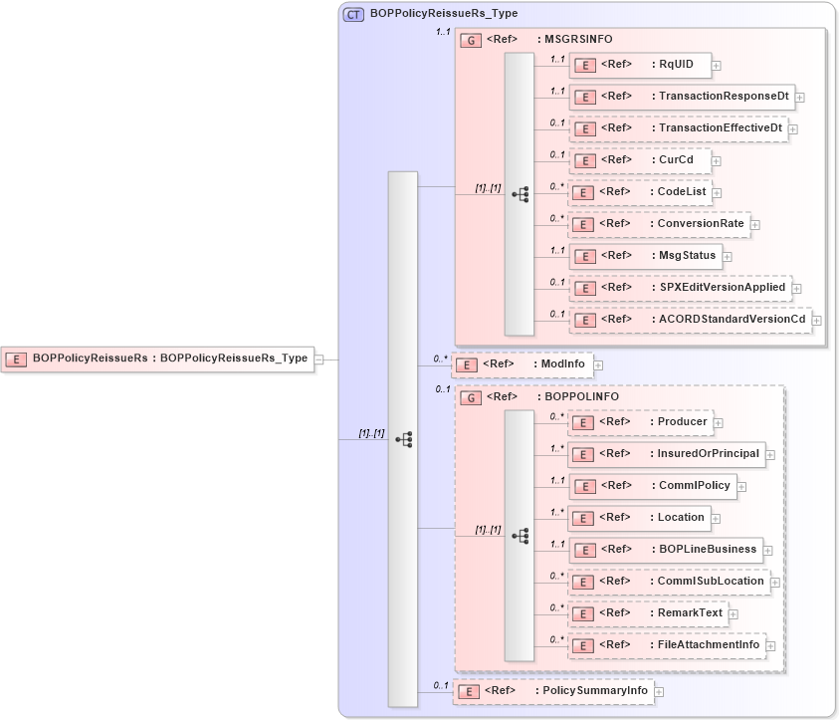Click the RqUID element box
pyautogui.click(x=639, y=66)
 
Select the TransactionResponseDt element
pyautogui.click(x=681, y=97)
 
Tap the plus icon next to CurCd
pyautogui.click(x=717, y=160)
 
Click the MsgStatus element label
pyautogui.click(x=687, y=256)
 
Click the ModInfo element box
pyautogui.click(x=522, y=364)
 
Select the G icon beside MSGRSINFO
pyautogui.click(x=470, y=40)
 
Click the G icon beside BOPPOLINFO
pyautogui.click(x=470, y=397)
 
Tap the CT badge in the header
pyautogui.click(x=354, y=15)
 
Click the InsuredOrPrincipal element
pyautogui.click(x=667, y=454)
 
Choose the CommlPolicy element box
pyautogui.click(x=652, y=486)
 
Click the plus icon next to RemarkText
pyautogui.click(x=734, y=614)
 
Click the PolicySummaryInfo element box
pyautogui.click(x=553, y=691)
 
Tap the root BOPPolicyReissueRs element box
pyautogui.click(x=158, y=359)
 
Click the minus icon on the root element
pyautogui.click(x=319, y=359)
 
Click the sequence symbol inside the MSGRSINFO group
pyautogui.click(x=520, y=195)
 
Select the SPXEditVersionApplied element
pyautogui.click(x=681, y=288)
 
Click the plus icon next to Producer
pyautogui.click(x=719, y=423)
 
